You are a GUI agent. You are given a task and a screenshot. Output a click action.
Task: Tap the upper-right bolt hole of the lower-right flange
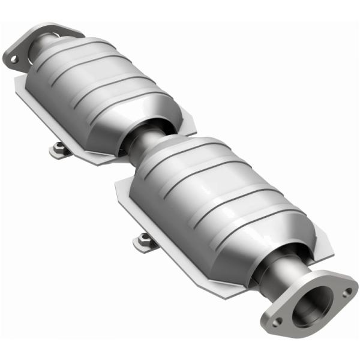click(347, 292)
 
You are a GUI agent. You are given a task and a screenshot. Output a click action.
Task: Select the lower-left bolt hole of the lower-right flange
click(277, 322)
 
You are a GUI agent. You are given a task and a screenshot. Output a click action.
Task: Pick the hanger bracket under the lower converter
click(146, 241)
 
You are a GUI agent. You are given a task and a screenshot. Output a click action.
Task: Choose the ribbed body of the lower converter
click(222, 192)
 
